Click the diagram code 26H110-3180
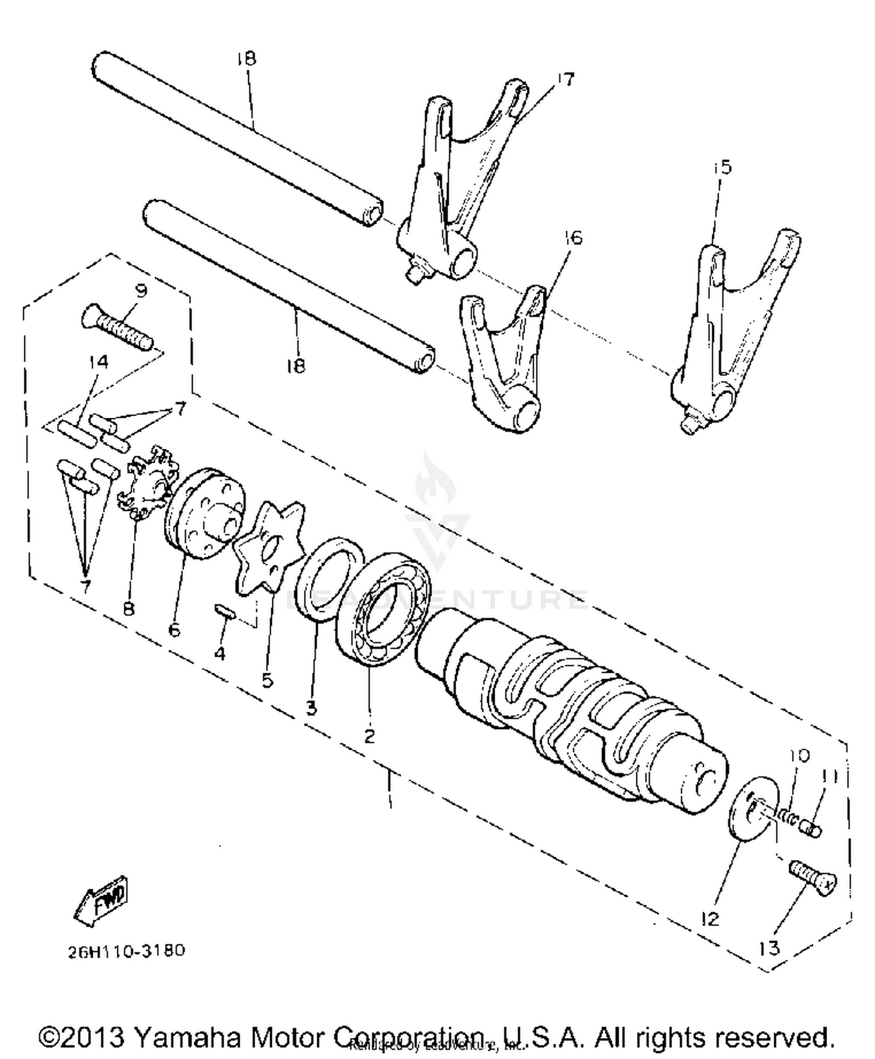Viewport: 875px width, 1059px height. click(x=126, y=951)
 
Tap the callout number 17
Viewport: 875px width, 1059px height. click(x=564, y=79)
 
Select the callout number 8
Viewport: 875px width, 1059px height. click(x=128, y=609)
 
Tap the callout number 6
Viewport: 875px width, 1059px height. click(x=174, y=631)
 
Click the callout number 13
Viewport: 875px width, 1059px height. click(x=769, y=948)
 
